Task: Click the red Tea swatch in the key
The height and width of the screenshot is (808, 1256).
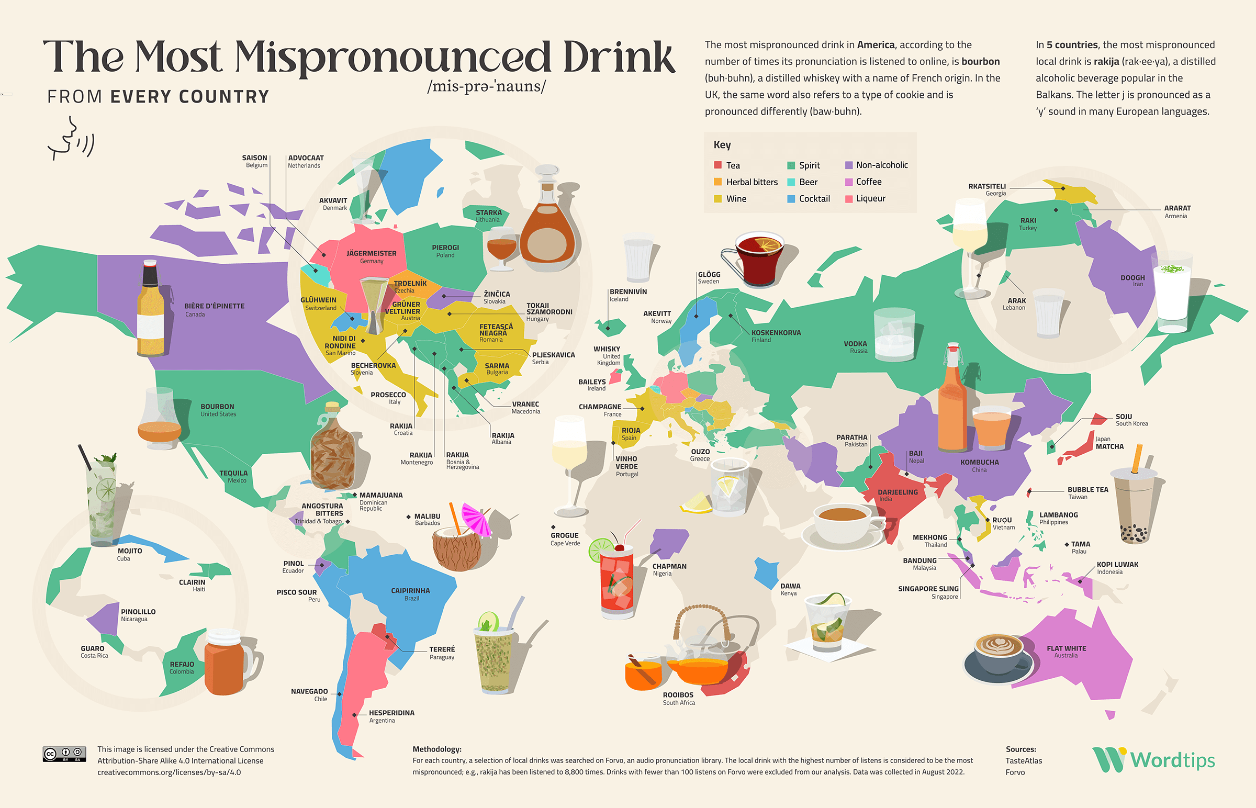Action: (717, 165)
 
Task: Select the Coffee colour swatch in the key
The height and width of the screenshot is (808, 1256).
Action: (848, 182)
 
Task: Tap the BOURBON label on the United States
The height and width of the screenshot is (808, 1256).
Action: (217, 407)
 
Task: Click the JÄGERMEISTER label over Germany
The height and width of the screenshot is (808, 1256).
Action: (372, 253)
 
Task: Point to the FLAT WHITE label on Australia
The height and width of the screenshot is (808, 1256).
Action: (1066, 648)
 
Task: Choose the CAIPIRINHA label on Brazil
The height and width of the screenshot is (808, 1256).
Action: (410, 591)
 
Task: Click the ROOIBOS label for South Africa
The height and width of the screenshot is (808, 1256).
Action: (678, 694)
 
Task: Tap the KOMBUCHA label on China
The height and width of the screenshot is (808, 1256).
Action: (979, 462)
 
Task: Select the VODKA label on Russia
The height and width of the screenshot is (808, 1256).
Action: (855, 344)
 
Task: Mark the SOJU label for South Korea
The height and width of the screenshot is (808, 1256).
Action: (1123, 417)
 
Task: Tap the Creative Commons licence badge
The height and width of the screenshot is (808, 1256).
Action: (64, 754)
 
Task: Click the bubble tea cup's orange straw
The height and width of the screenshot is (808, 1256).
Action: (1137, 458)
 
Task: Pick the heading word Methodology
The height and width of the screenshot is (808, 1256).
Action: (436, 749)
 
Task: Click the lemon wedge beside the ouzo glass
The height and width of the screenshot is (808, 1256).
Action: (696, 502)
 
